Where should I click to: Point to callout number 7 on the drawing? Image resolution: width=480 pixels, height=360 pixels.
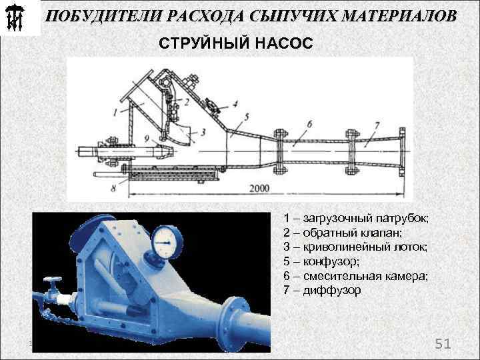[x=377, y=125]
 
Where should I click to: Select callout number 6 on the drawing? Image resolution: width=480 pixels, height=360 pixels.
[x=309, y=124]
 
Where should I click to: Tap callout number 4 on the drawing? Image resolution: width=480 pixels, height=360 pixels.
[x=235, y=104]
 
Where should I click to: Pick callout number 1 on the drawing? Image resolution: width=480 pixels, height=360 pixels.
[x=115, y=111]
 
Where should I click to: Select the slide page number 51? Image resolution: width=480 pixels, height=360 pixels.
[x=443, y=344]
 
